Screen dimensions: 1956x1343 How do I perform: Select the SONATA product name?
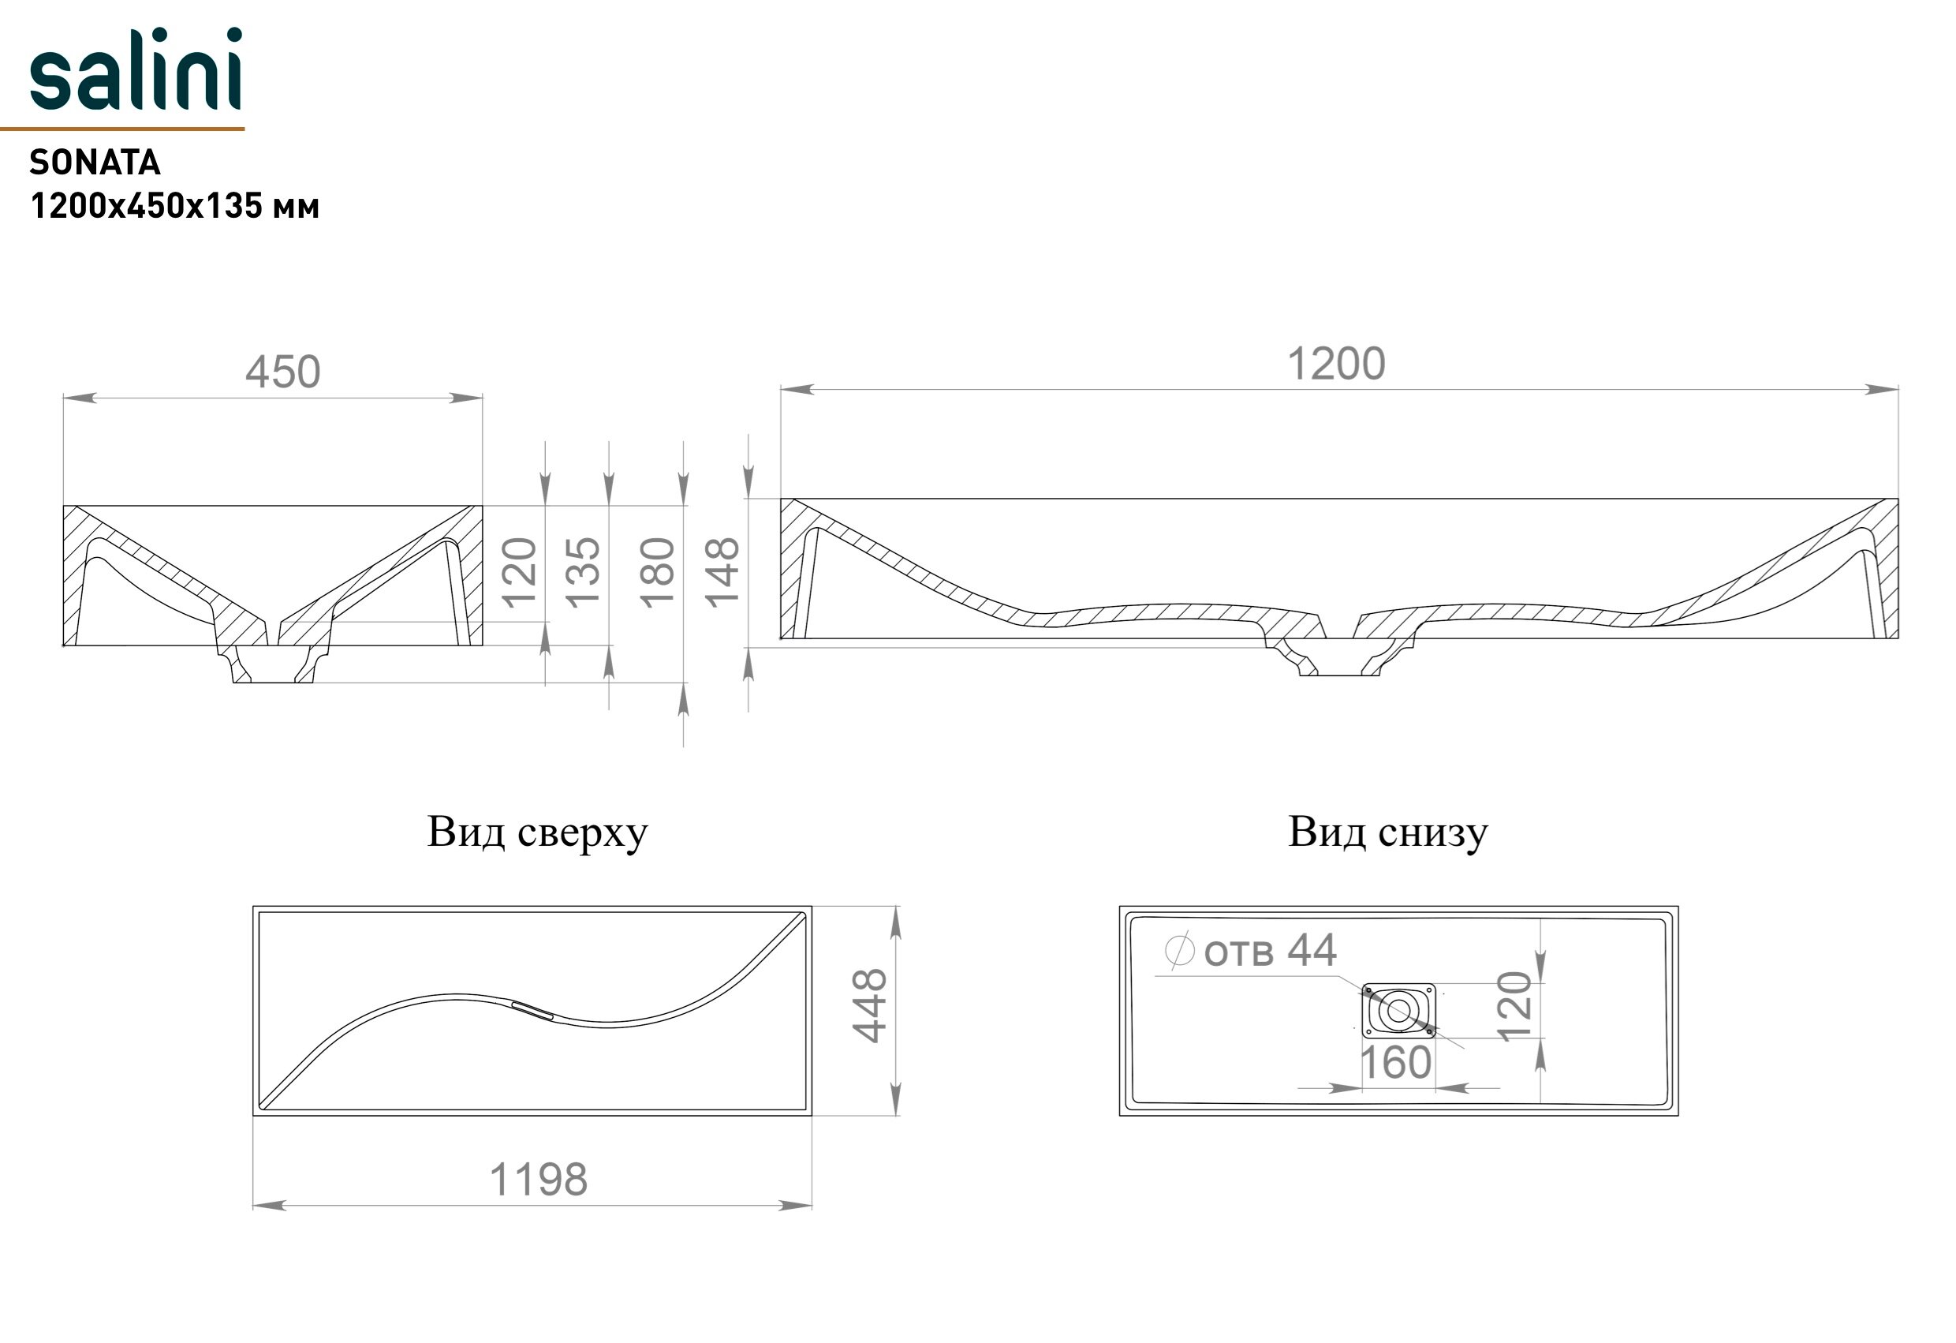point(95,163)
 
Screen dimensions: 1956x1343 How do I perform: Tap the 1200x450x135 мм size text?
point(174,206)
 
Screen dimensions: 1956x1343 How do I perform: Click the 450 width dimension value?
point(283,372)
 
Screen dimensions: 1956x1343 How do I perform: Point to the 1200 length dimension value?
point(1336,365)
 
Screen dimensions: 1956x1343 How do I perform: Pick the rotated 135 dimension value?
point(582,573)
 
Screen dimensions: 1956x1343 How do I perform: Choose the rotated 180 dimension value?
point(657,573)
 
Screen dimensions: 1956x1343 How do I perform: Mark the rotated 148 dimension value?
point(722,573)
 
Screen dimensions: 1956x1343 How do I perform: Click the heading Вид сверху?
point(537,832)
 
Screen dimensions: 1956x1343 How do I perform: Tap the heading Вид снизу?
point(1388,832)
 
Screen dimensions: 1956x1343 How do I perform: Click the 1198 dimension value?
point(538,1180)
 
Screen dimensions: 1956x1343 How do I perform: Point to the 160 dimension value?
point(1395,1063)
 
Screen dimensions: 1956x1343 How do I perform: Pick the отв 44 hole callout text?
point(1269,952)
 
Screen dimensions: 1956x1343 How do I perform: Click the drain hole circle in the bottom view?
point(1398,1012)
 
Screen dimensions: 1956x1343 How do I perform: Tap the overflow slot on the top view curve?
point(532,1011)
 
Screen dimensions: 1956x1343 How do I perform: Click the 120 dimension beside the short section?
point(519,573)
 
